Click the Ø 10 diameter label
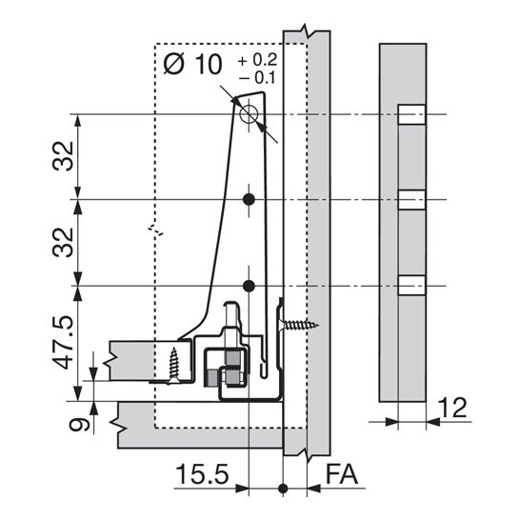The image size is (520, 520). (x=192, y=65)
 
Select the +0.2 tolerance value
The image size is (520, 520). (x=257, y=60)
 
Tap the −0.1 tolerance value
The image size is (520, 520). (x=257, y=78)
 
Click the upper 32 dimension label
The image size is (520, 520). (x=63, y=156)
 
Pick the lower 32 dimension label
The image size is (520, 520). (x=63, y=242)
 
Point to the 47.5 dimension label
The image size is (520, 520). (x=63, y=342)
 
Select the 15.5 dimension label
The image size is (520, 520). (x=202, y=474)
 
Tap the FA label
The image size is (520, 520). (x=342, y=474)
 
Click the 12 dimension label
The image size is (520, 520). (x=452, y=408)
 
